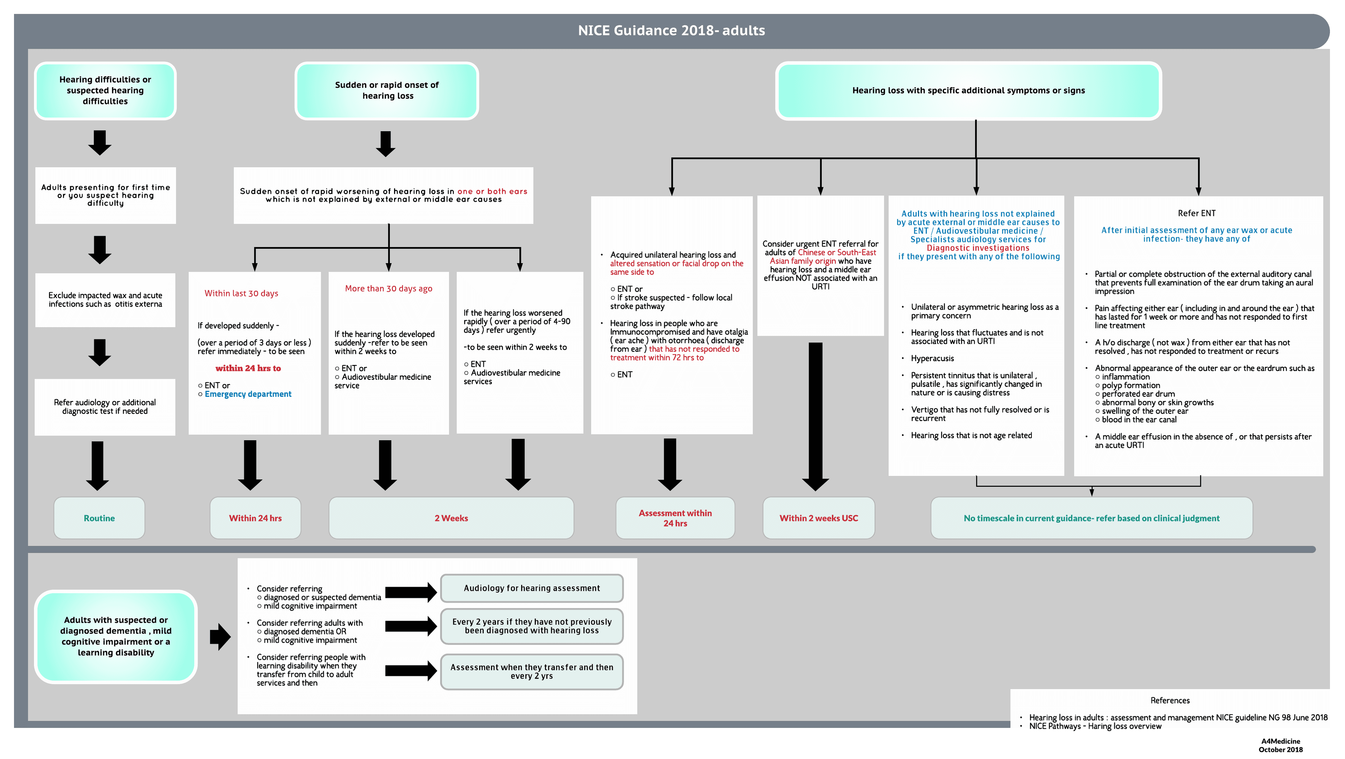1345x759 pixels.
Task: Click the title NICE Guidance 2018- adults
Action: coord(671,30)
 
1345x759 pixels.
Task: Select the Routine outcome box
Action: coord(99,518)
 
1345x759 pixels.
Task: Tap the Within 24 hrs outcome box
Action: coord(255,518)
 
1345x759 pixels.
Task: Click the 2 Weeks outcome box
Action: coord(451,518)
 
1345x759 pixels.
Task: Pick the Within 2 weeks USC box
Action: coord(818,518)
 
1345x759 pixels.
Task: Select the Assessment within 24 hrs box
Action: coord(675,518)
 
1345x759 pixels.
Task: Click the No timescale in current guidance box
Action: coord(1091,518)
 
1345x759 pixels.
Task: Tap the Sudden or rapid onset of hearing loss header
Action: coord(387,90)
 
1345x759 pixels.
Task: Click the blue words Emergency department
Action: coord(248,394)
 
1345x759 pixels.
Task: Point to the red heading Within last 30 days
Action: coord(241,294)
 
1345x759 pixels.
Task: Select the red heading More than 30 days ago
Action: coord(388,288)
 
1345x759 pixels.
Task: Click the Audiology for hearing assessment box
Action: coord(532,588)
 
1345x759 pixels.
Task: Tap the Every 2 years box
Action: coord(532,626)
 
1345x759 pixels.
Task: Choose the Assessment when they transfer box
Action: coord(532,671)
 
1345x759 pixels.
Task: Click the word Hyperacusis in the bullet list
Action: coord(932,358)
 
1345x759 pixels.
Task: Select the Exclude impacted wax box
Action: coord(105,299)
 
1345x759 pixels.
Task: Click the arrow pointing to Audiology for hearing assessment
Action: coord(411,592)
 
